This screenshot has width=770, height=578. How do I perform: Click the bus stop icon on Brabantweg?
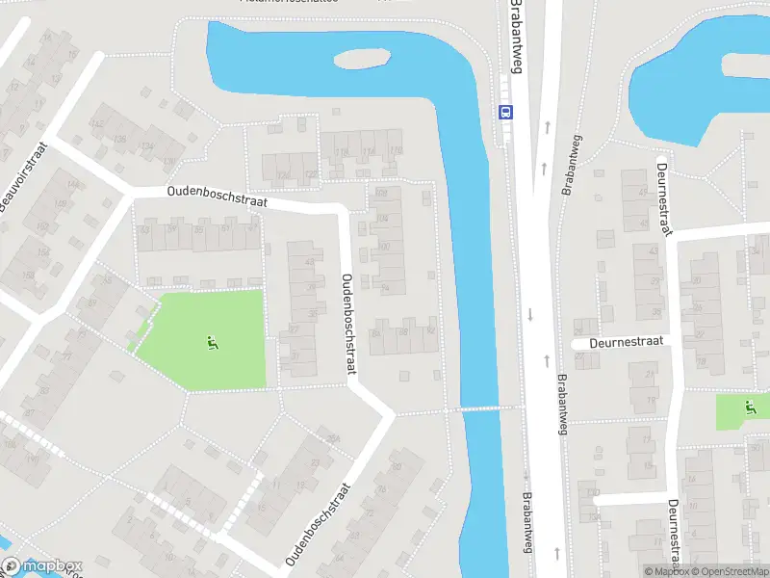(506, 112)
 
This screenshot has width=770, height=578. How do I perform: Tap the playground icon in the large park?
(212, 341)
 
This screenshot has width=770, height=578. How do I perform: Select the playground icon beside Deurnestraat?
(749, 407)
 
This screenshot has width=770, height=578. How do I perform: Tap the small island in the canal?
(363, 57)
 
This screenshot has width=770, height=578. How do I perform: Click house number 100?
(385, 248)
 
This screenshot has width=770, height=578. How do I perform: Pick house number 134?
(146, 146)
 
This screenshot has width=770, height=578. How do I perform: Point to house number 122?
(310, 174)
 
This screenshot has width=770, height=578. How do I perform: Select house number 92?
(430, 331)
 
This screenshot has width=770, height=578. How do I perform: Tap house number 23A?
(333, 441)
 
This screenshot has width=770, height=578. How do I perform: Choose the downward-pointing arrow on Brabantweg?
(530, 315)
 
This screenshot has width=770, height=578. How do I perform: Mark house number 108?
(381, 193)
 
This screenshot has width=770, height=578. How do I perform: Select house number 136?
(120, 140)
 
